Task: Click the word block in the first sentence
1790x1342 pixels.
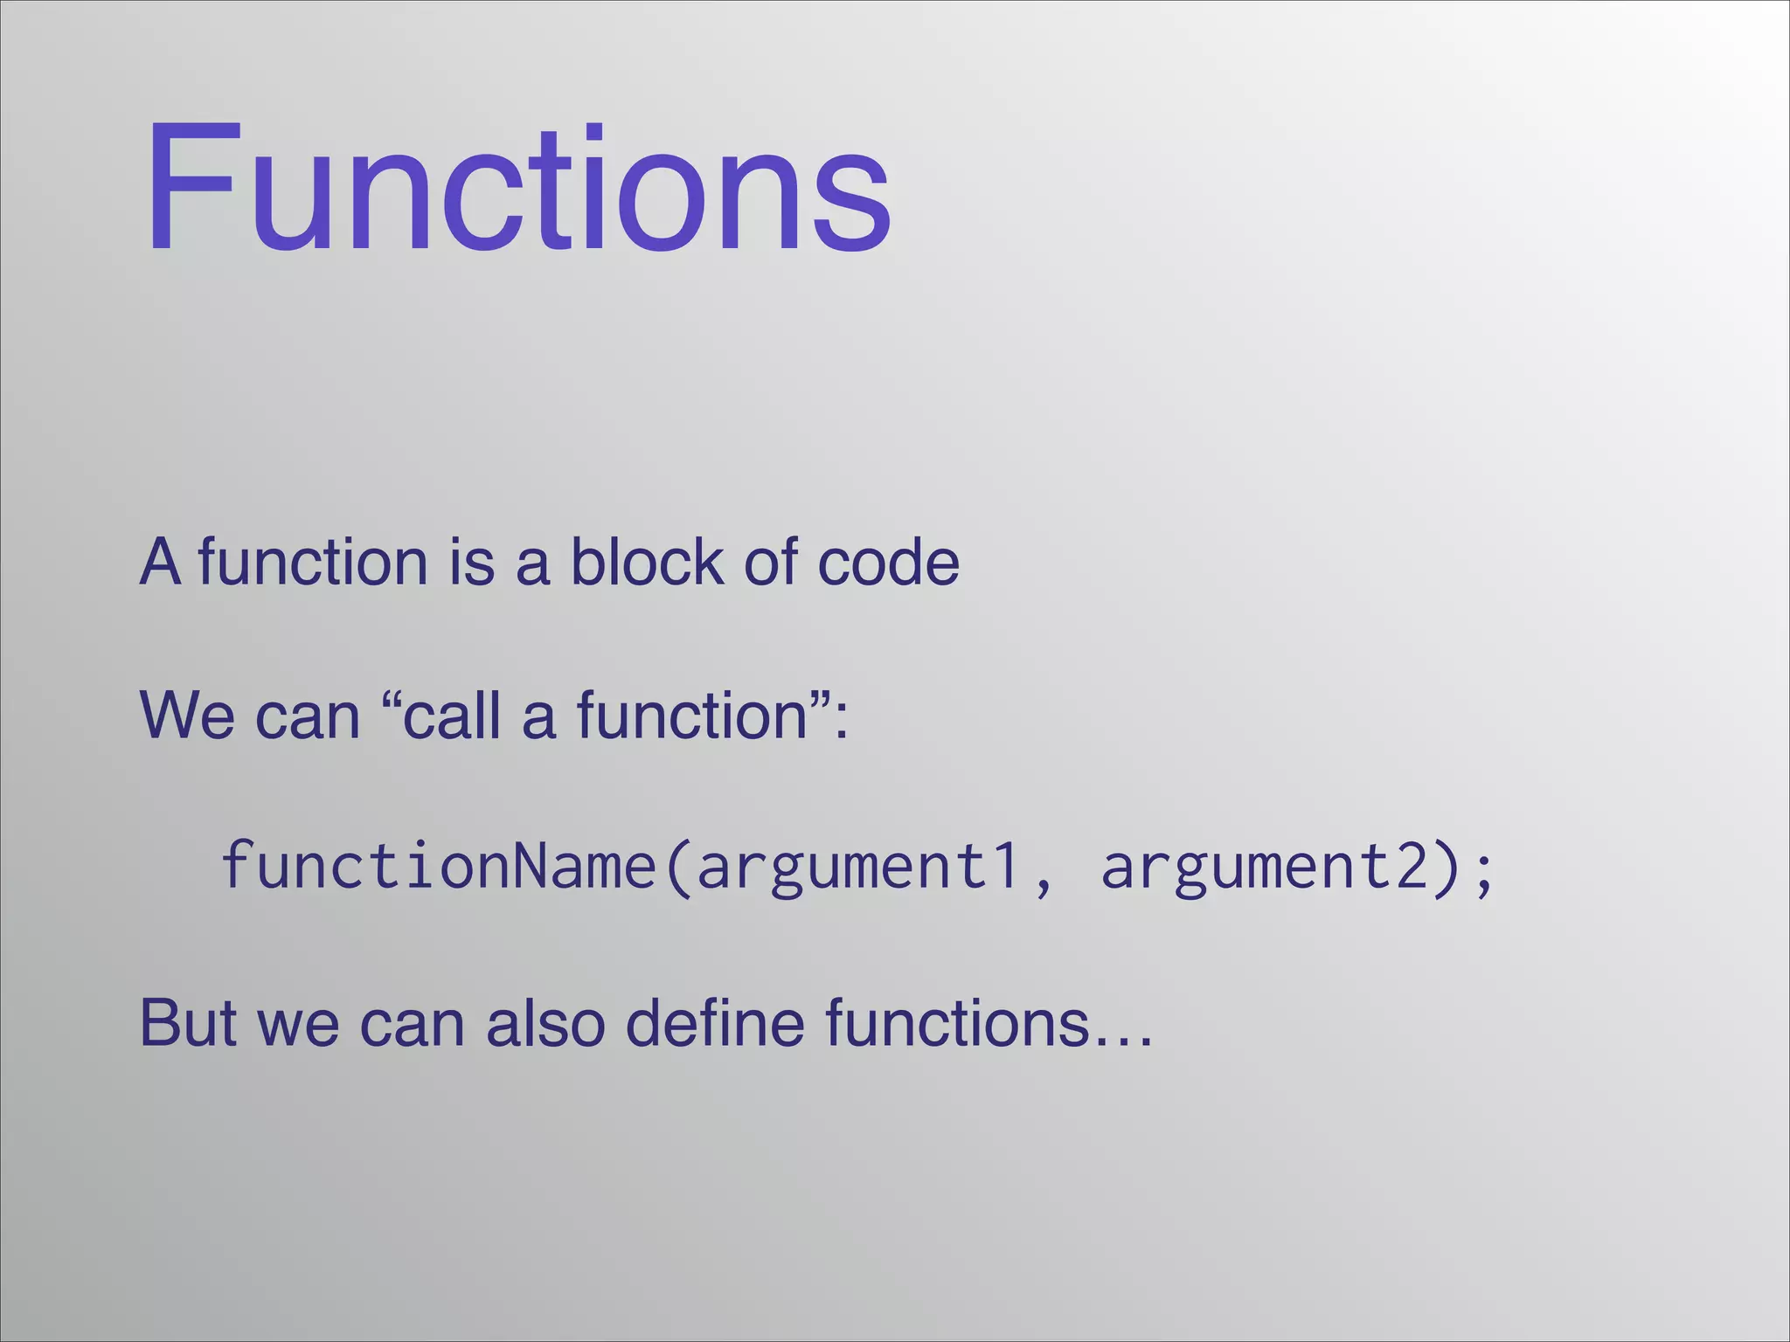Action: pyautogui.click(x=647, y=561)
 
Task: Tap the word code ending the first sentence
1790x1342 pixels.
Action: pyautogui.click(x=888, y=561)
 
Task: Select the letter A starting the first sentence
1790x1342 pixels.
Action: pyautogui.click(x=160, y=561)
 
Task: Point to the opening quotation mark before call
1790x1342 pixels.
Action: pyautogui.click(x=392, y=699)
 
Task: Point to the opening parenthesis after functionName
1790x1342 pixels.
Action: pyautogui.click(x=677, y=867)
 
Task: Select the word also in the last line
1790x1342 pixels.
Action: pyautogui.click(x=545, y=1022)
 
